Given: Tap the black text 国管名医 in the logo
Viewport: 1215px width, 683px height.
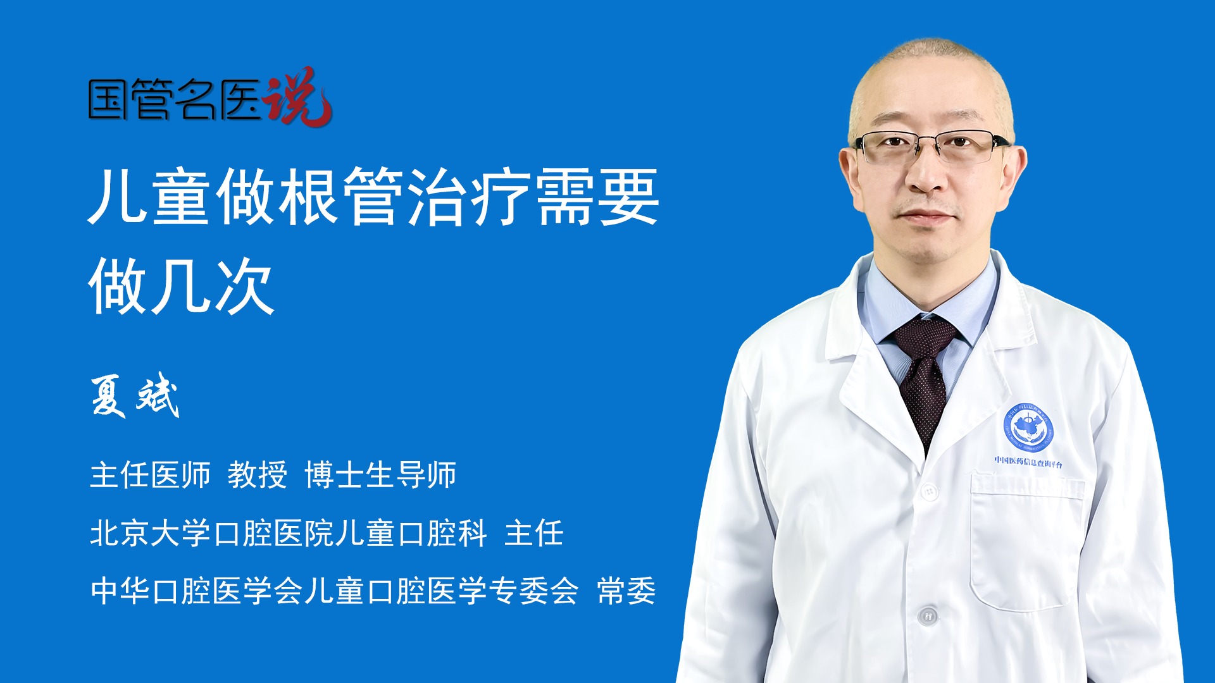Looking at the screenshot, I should coord(174,100).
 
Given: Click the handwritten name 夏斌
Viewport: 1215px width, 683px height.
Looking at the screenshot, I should coord(135,396).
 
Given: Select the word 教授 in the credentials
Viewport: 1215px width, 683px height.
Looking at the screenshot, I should coord(257,475).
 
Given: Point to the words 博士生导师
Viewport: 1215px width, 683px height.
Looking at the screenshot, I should coord(380,475).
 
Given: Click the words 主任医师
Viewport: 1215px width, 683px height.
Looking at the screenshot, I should coord(150,475).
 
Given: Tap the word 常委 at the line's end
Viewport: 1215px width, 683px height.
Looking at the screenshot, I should coord(626,591).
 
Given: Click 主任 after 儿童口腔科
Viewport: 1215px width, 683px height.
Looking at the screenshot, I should coord(533,533).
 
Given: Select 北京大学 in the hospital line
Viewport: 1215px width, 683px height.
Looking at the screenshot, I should coord(150,533).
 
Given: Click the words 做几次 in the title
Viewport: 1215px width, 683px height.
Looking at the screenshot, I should coord(182,286).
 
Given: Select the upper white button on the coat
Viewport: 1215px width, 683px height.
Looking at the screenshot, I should coord(929,491).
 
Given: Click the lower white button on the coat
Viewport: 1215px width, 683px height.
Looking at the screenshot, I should coord(927,615).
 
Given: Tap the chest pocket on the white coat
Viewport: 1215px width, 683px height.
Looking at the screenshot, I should coord(1025,544).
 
